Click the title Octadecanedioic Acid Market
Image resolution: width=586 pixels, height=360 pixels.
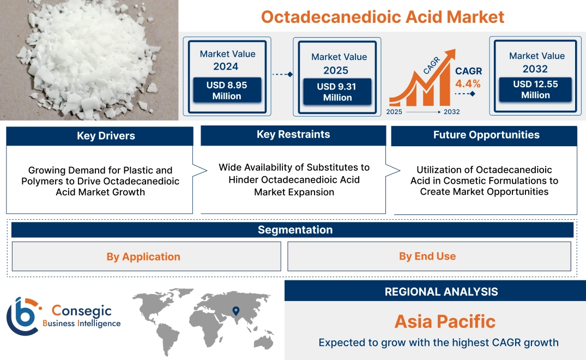(382, 16)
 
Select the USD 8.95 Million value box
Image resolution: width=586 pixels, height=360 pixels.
(227, 91)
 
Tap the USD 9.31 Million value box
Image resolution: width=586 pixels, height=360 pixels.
(337, 92)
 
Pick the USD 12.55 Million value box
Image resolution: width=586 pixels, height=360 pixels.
(535, 89)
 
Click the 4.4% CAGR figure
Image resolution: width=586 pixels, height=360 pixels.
(468, 83)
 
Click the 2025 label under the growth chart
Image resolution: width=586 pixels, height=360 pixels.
(395, 112)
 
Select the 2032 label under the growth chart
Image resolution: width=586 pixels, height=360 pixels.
(451, 112)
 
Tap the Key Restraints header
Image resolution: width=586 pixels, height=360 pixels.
(293, 135)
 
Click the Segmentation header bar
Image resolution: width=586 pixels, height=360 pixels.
(295, 230)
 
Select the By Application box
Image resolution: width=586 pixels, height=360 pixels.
(143, 256)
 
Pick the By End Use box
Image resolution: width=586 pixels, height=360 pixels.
(427, 256)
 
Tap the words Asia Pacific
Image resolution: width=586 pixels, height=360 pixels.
(445, 321)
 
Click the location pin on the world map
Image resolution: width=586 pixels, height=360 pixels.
(235, 311)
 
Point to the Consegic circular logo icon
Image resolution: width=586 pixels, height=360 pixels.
(22, 316)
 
